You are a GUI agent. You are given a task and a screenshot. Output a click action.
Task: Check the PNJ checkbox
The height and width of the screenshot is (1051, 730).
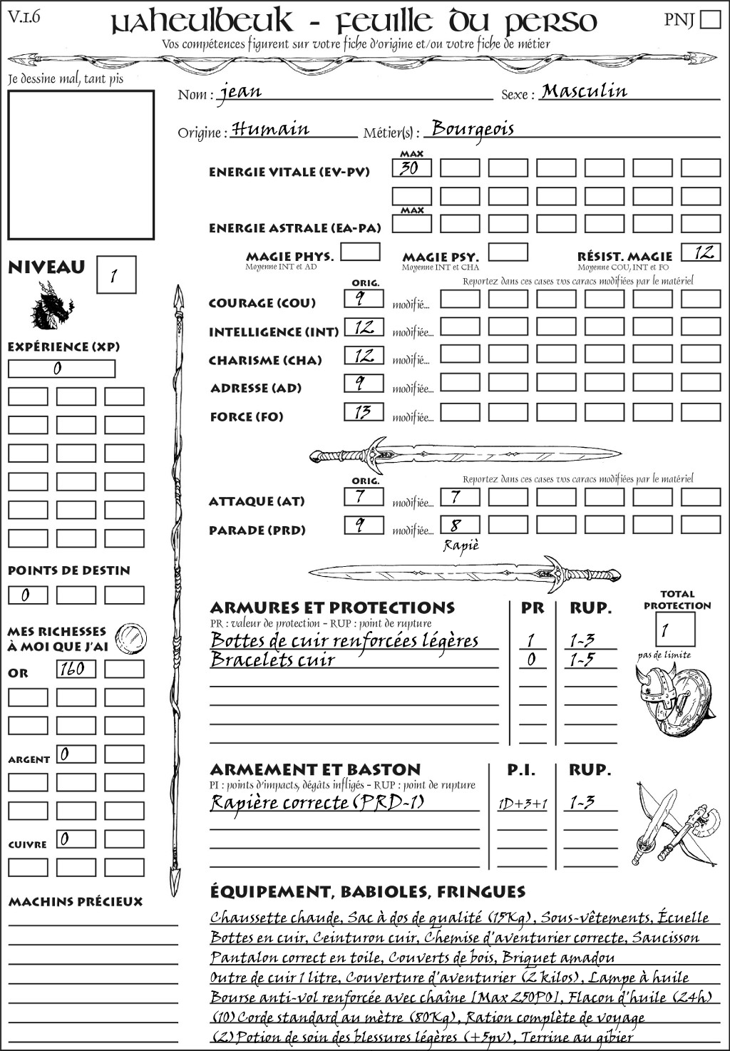[710, 19]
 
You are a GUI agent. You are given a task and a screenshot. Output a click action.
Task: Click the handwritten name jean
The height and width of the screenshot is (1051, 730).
[240, 92]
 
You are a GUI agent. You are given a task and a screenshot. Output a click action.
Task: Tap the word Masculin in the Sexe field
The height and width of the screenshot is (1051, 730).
[584, 91]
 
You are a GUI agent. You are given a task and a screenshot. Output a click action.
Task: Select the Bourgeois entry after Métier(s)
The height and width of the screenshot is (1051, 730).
[473, 129]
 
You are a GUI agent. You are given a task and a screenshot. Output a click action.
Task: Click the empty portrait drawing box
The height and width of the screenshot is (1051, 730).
[81, 165]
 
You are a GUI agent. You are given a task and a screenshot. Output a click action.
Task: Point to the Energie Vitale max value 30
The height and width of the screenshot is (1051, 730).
[411, 168]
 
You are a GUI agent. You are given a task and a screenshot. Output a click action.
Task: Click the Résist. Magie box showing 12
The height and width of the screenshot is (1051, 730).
[701, 252]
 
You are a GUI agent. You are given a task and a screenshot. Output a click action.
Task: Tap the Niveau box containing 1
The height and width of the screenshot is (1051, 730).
[115, 275]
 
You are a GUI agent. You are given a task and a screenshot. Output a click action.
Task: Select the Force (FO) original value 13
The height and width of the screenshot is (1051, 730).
[364, 412]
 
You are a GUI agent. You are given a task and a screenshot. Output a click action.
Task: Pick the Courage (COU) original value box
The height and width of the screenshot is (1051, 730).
[364, 299]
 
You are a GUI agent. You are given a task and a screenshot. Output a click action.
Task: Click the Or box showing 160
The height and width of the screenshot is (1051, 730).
[76, 669]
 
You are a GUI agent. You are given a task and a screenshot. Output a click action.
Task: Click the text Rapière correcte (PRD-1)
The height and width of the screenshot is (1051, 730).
[317, 803]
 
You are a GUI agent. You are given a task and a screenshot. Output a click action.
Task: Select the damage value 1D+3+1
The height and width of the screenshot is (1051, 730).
[522, 804]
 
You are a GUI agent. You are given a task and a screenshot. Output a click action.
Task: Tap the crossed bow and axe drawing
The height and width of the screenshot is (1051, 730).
[667, 825]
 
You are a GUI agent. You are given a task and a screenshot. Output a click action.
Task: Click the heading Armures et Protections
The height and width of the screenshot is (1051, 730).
[332, 608]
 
